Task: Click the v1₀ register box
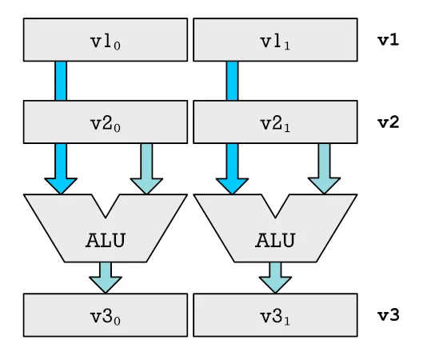(x=106, y=40)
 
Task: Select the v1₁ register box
(x=275, y=40)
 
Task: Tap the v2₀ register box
(x=106, y=122)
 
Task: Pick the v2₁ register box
(x=275, y=122)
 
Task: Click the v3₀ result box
(x=106, y=315)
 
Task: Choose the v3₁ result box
(x=275, y=315)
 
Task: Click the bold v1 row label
(x=389, y=40)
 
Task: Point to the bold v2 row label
(x=389, y=122)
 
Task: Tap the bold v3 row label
(x=389, y=316)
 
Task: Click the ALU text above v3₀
(x=106, y=240)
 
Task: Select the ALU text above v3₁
(x=275, y=240)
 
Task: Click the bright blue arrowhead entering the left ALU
(x=61, y=186)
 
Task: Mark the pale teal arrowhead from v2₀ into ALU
(x=146, y=186)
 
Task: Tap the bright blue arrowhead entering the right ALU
(x=232, y=186)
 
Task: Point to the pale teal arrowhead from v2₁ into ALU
(x=324, y=186)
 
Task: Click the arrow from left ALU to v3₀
(x=106, y=278)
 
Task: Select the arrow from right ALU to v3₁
(x=275, y=278)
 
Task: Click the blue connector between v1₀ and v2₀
(x=61, y=81)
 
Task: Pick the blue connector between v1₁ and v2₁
(x=232, y=81)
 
